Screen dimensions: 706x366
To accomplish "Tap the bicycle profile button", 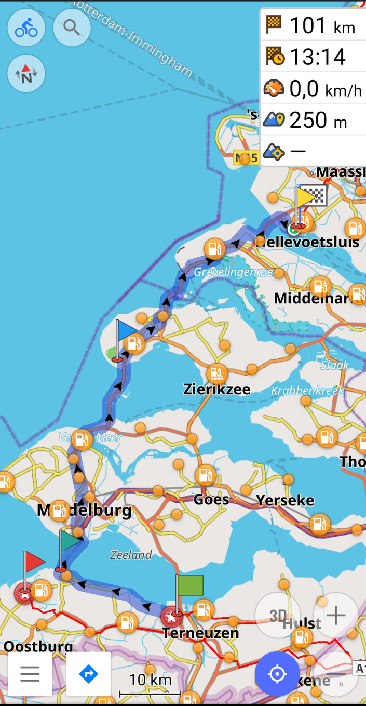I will tap(26, 28).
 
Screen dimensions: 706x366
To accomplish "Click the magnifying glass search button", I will tap(72, 28).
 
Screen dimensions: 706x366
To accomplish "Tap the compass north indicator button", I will tap(26, 74).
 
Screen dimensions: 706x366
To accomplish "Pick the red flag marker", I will tap(34, 563).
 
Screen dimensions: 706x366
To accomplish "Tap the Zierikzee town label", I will tap(216, 389).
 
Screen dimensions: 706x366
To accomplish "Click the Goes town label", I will tap(211, 500).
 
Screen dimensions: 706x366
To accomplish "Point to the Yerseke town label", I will tap(285, 500).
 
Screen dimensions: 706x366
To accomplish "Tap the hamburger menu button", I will tap(30, 674).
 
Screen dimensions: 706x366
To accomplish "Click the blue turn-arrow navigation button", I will tap(88, 674).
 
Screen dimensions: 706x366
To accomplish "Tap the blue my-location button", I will tap(277, 674).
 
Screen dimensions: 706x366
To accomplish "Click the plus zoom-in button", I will tap(336, 616).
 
